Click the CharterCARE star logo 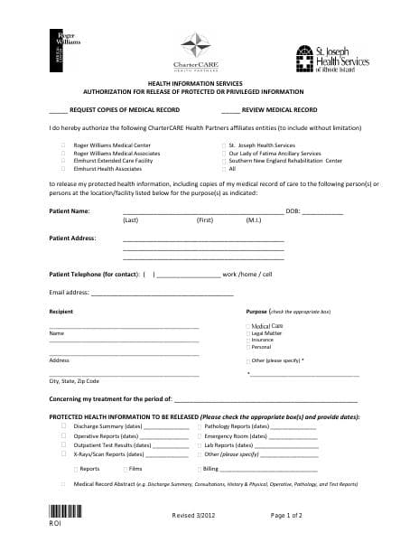tap(195, 45)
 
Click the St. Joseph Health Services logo tap(333, 56)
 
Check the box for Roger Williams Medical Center tap(63, 145)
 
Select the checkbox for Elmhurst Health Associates tap(63, 169)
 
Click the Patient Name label tap(69, 211)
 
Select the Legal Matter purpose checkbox tap(247, 332)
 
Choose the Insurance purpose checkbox tap(247, 340)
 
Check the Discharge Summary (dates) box tap(63, 425)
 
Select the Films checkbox tap(123, 469)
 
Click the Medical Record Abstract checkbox tap(63, 485)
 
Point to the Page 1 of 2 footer tap(286, 516)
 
